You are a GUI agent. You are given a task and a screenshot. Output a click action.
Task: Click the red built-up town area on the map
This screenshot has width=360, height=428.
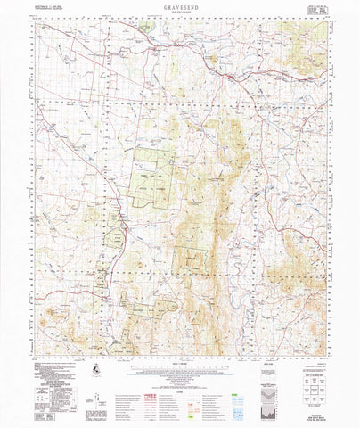tap(233, 81)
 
